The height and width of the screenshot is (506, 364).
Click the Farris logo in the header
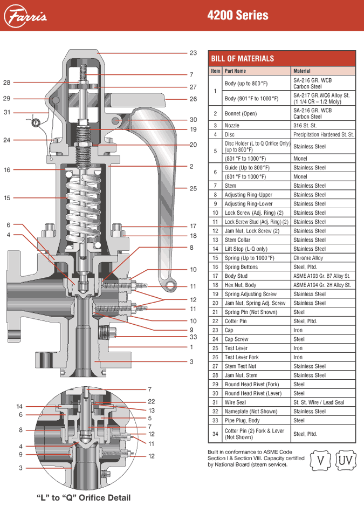click(x=27, y=16)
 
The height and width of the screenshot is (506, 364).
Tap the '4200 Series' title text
click(x=238, y=16)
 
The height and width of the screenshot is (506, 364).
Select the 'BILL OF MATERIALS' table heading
click(x=243, y=59)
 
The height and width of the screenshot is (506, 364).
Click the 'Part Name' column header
click(x=235, y=71)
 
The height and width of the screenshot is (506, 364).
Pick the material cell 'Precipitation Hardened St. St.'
click(x=323, y=134)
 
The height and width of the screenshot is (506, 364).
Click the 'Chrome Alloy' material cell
click(x=308, y=258)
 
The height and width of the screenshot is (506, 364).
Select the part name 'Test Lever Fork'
click(x=242, y=357)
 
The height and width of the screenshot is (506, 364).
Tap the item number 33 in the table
click(x=215, y=420)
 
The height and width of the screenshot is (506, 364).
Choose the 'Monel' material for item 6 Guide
click(x=300, y=176)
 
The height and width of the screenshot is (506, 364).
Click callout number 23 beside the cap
click(x=193, y=53)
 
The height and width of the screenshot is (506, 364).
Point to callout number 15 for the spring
click(x=7, y=198)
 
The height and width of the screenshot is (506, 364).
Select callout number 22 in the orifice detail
click(x=152, y=401)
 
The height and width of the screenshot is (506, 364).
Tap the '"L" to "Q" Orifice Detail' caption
click(x=83, y=497)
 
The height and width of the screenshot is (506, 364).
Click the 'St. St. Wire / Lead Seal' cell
click(x=321, y=402)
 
